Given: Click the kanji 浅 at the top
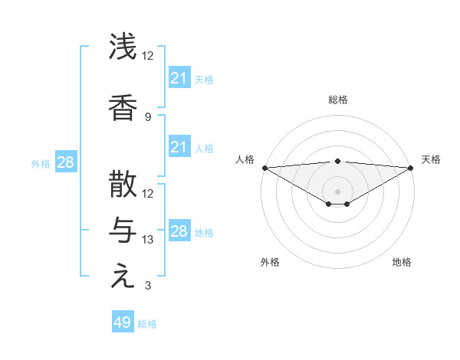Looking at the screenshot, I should point(123,47).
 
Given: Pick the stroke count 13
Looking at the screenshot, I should point(149,240).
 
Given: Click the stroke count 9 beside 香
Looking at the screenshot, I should point(148,117).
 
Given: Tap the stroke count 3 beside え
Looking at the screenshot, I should point(148,286).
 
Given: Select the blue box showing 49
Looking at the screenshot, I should point(123,322).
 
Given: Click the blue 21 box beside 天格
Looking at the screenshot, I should point(179,78).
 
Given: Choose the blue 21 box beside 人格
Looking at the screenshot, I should point(179,147).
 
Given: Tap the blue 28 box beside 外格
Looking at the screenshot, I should point(65,162).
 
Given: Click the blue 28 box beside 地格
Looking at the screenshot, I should point(179,231).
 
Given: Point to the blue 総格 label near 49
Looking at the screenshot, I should point(147,324).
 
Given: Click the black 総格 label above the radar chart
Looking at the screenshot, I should point(337,100).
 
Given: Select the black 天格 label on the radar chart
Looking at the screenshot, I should point(431,159).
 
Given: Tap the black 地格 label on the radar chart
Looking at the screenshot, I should point(402,263).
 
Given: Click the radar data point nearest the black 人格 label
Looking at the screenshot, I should point(264,168).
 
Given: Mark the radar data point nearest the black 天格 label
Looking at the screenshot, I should point(410,168).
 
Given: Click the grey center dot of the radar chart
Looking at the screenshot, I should point(337,191).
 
